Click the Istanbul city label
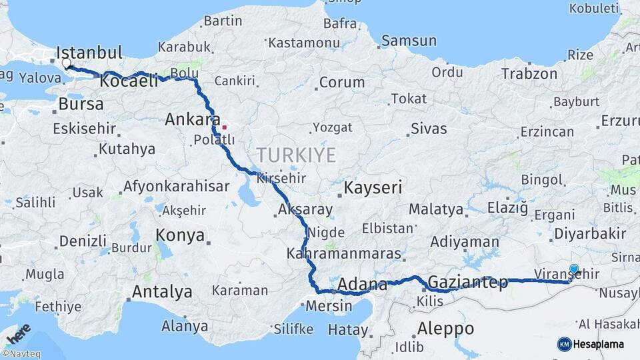click(89, 53)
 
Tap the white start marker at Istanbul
click(66, 63)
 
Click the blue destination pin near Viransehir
click(573, 269)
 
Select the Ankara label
click(192, 120)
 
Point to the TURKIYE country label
click(296, 155)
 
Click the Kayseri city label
click(373, 187)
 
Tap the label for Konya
click(180, 235)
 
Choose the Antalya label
click(162, 292)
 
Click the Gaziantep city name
click(468, 282)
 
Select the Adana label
click(362, 285)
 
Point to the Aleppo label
click(445, 329)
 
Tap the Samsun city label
click(409, 41)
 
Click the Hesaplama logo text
click(599, 345)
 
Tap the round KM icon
click(564, 344)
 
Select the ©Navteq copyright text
click(21, 354)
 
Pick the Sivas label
click(429, 129)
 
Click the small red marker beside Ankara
click(225, 126)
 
